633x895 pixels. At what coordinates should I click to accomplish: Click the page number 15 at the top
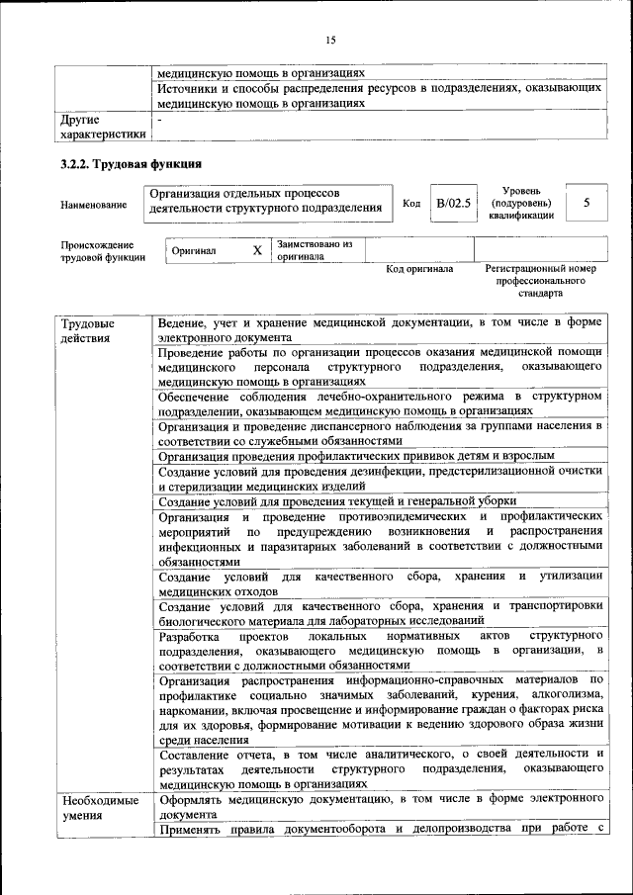[330, 40]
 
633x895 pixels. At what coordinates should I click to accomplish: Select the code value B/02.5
[453, 204]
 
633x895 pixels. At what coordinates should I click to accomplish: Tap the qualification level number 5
[588, 204]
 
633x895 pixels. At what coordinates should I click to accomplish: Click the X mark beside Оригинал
[257, 251]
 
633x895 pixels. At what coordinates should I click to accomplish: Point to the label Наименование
[94, 205]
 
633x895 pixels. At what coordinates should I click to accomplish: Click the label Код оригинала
[419, 269]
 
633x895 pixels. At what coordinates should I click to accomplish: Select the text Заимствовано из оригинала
[315, 250]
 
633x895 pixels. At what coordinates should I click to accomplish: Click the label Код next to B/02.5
[411, 204]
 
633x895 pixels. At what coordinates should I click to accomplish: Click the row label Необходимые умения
[98, 808]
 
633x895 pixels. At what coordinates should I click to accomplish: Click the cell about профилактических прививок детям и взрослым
[356, 457]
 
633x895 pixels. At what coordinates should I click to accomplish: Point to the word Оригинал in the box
[194, 252]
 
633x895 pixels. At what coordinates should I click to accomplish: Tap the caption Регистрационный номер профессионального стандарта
[541, 281]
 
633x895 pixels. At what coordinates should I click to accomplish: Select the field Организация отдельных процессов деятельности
[265, 201]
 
